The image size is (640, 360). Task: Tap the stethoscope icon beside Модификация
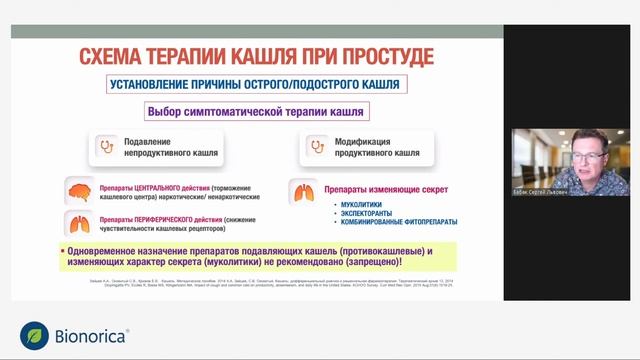[317, 148]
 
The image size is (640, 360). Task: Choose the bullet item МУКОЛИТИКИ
[352, 205]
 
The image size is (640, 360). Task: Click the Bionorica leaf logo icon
[35, 335]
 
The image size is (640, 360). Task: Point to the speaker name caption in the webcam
[540, 191]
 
